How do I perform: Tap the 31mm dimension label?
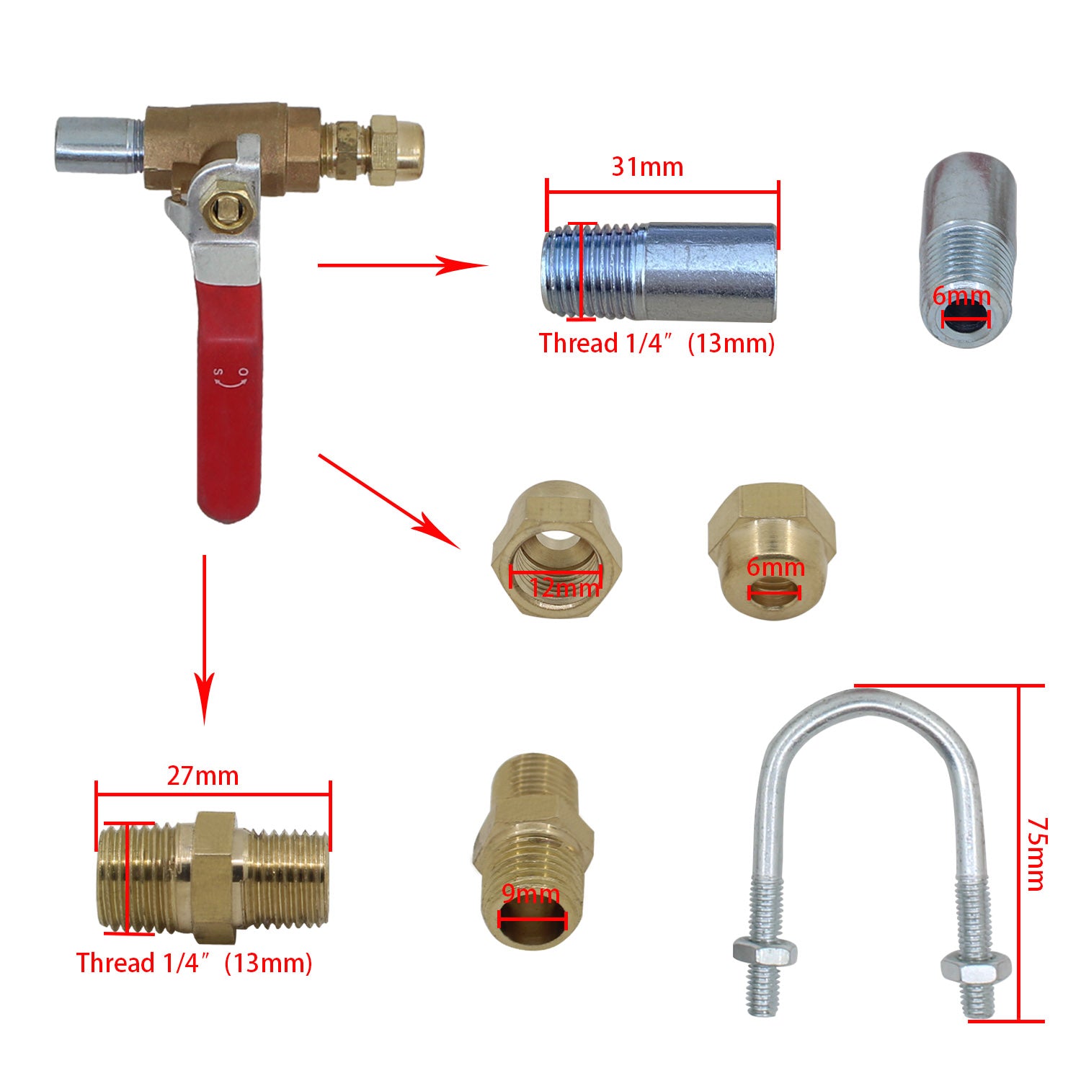pos(647,166)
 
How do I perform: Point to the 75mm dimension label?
pos(1036,853)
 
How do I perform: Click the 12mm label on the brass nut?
pos(564,587)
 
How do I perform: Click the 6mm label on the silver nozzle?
pos(961,295)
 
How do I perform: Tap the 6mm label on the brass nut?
pos(775,567)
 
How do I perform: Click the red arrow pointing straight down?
pos(205,639)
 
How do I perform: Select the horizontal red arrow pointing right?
pos(404,265)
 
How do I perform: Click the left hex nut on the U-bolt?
pos(765,953)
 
